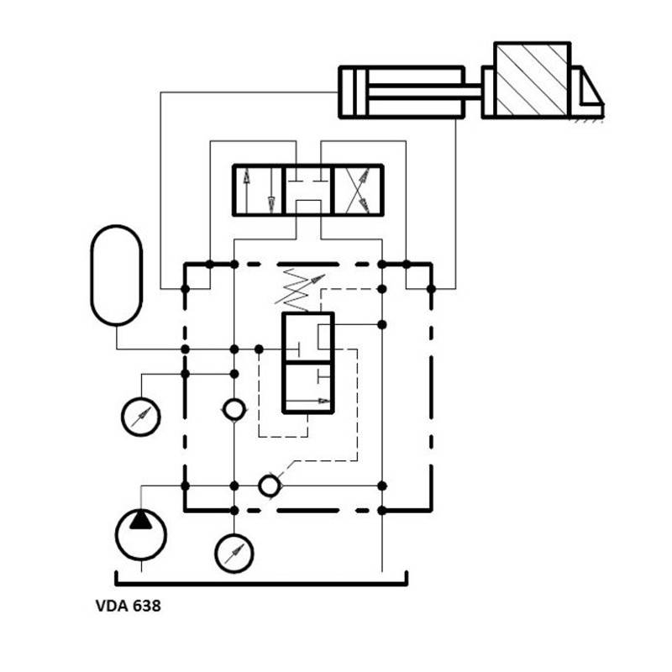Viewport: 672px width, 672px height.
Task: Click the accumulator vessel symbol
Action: [117, 276]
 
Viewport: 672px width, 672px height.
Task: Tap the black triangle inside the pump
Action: [140, 519]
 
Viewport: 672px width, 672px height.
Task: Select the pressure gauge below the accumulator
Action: [141, 417]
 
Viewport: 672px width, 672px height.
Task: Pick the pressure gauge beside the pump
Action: [234, 554]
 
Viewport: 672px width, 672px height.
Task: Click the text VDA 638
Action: [129, 606]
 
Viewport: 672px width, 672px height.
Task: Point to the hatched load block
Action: [533, 80]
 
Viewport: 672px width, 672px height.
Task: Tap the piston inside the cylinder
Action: [361, 92]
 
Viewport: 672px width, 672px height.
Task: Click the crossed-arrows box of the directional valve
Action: [358, 191]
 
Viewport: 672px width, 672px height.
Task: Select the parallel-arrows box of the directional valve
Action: [258, 191]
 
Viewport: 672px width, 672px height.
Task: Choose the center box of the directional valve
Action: [307, 191]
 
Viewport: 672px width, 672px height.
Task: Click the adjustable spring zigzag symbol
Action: [298, 289]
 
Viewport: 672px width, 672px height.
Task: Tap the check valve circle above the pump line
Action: [234, 410]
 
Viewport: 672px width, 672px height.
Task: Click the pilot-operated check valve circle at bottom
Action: [270, 486]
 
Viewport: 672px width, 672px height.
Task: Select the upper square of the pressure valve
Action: [308, 338]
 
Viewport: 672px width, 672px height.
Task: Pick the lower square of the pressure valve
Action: [308, 388]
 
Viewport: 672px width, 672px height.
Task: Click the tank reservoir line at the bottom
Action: [261, 584]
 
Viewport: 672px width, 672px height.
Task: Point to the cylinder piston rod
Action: [425, 92]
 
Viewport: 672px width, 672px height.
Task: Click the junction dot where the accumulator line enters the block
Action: [185, 349]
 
